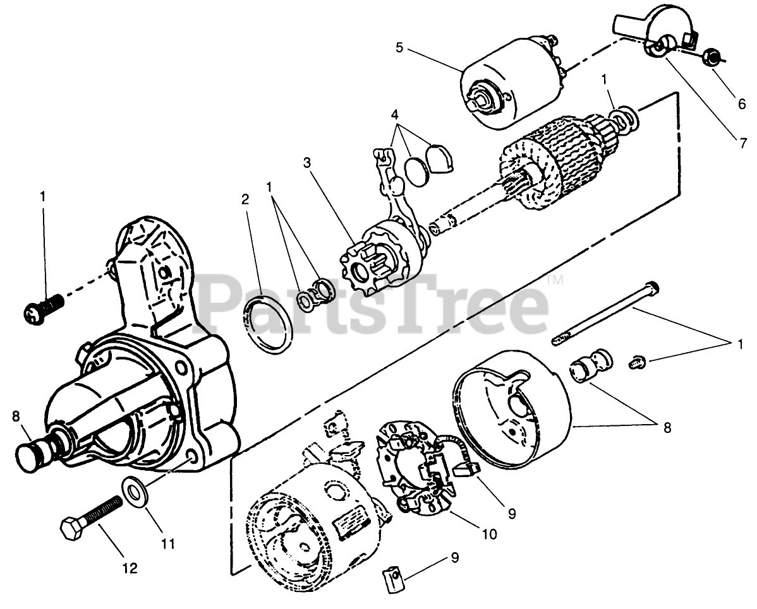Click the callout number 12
(129, 568)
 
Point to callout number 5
(399, 47)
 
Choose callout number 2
(245, 199)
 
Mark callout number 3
(307, 162)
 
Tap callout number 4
(395, 115)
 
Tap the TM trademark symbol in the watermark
(554, 280)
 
